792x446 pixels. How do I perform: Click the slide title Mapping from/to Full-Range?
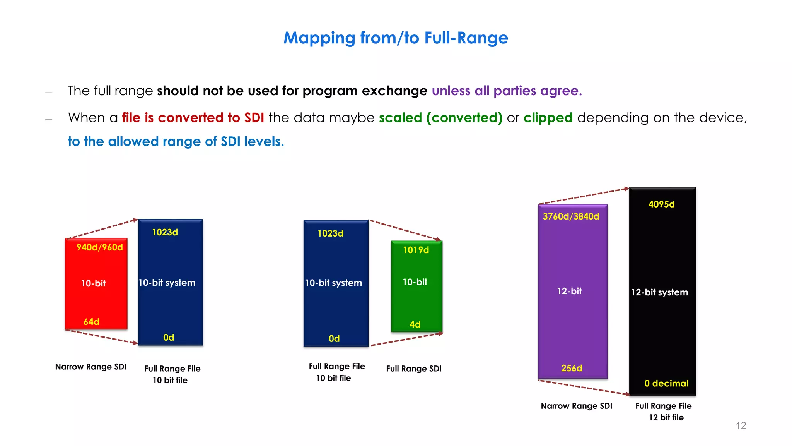396,38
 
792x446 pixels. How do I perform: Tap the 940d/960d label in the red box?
99,247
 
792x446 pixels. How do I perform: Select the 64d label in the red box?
91,322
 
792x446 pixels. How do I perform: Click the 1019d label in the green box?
416,250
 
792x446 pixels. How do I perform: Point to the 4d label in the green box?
415,324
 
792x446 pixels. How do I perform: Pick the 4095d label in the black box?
661,204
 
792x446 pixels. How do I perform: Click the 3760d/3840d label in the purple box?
571,216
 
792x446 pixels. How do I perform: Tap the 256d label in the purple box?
571,368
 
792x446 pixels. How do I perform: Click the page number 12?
741,425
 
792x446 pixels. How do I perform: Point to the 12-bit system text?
659,292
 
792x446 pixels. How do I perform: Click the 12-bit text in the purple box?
569,291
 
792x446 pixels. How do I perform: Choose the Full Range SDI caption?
413,369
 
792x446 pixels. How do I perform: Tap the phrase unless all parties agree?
507,91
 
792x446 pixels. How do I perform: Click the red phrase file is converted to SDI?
193,118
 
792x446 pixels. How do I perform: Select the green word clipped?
548,118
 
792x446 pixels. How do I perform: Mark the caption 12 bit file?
666,417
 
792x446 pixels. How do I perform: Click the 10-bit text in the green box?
415,282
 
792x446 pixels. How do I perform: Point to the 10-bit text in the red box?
93,283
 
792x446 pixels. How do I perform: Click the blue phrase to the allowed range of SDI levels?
176,142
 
